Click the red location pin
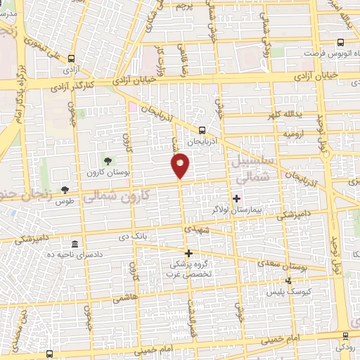(181, 165)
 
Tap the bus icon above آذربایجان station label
(202, 130)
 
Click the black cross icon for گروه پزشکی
(188, 253)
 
